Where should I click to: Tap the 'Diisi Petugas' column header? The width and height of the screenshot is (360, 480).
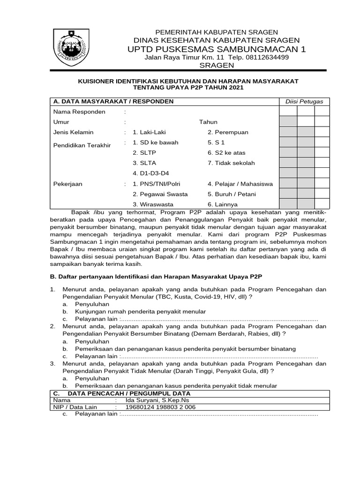pyautogui.click(x=304, y=102)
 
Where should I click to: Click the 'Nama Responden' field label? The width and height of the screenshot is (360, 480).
pyautogui.click(x=79, y=112)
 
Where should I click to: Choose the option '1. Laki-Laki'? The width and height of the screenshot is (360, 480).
pyautogui.click(x=150, y=132)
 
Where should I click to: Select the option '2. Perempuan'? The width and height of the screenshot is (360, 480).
pyautogui.click(x=228, y=132)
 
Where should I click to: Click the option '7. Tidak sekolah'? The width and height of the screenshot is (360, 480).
pyautogui.click(x=231, y=163)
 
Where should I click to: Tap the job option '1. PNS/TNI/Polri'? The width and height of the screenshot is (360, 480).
pyautogui.click(x=157, y=184)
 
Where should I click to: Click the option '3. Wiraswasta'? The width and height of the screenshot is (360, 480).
pyautogui.click(x=153, y=204)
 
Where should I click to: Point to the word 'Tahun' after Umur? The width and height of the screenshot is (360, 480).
pyautogui.click(x=208, y=122)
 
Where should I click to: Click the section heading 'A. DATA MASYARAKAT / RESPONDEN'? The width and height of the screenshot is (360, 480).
pyautogui.click(x=113, y=101)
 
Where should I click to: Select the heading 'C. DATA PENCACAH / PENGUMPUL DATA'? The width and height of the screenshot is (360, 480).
pyautogui.click(x=122, y=393)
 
